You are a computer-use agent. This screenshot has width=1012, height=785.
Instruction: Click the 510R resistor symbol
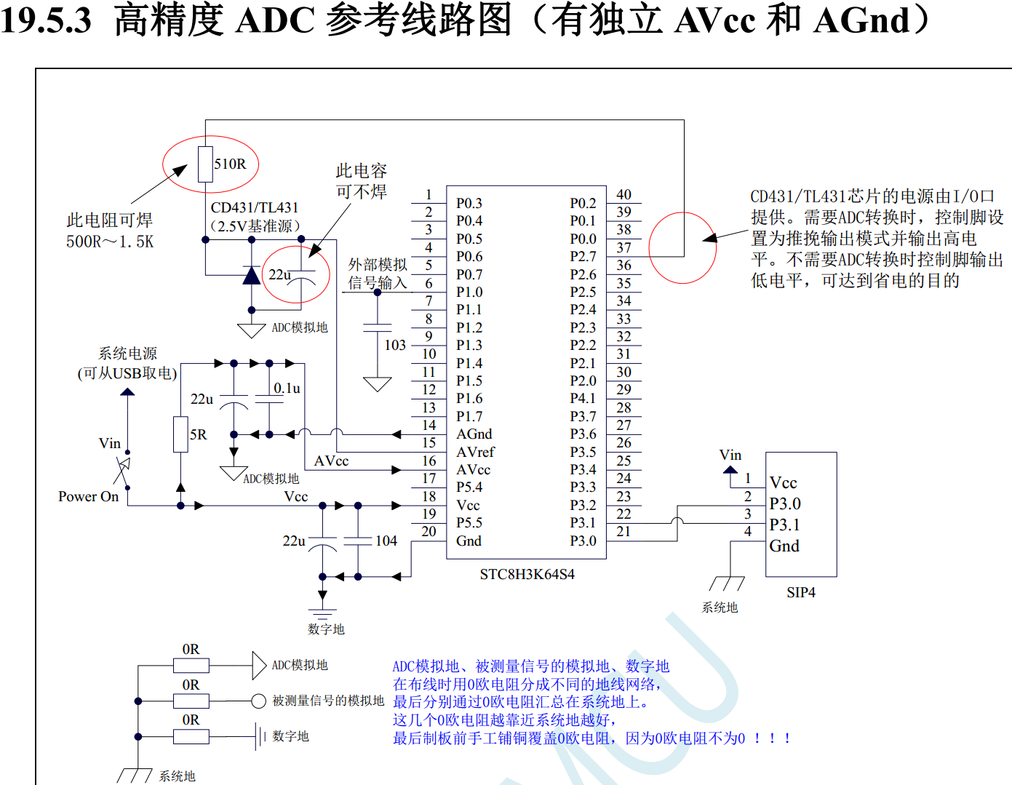(205, 164)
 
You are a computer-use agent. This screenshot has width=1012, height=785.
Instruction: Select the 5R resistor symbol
(180, 434)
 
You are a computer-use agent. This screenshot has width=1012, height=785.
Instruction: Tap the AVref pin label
(475, 452)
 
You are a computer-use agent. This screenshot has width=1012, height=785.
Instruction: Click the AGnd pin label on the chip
(474, 434)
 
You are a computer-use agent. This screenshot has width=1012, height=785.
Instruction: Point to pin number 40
(623, 194)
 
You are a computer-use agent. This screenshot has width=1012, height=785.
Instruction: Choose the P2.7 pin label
(583, 257)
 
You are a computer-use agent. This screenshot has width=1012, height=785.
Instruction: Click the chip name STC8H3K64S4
(527, 575)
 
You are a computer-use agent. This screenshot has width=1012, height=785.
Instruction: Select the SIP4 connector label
(800, 593)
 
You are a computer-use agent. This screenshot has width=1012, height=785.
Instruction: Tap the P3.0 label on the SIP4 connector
(785, 504)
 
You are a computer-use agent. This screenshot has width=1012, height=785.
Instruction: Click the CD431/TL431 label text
(254, 208)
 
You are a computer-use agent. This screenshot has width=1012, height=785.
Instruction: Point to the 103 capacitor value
(395, 345)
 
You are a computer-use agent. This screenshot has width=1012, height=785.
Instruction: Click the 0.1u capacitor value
(287, 388)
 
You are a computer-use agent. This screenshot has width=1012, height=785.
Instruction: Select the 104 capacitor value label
(386, 541)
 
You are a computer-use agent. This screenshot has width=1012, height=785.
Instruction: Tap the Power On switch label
(88, 497)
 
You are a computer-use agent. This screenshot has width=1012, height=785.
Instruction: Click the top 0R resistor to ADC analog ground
(191, 665)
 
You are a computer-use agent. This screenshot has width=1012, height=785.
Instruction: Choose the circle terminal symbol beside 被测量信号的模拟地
(258, 701)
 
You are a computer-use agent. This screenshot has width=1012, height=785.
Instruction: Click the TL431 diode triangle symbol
(252, 275)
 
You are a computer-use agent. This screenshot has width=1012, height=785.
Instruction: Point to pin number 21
(623, 532)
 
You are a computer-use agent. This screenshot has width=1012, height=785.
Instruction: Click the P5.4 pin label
(469, 487)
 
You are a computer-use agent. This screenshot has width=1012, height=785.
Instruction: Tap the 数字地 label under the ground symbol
(326, 629)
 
